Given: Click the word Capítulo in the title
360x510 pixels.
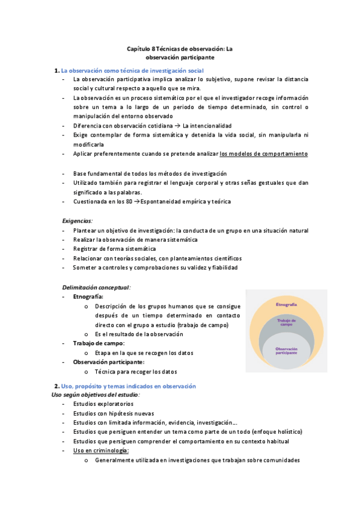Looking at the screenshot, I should coord(139,49).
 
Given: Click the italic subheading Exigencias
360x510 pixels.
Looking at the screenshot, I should coord(78,221).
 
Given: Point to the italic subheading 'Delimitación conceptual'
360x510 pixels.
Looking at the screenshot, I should coord(96,287).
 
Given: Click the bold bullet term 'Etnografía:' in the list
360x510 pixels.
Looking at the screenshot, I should coord(88,296).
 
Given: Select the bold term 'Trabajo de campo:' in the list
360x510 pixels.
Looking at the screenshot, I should coord(99,343).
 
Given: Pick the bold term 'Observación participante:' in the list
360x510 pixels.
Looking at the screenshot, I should coord(108,362).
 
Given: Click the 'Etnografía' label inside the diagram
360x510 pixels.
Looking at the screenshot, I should coord(286,305).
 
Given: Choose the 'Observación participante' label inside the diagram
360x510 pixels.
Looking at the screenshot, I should coord(286,350).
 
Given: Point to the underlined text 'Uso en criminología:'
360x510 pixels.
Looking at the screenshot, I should coord(101,450).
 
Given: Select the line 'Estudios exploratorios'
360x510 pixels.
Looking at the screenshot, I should coord(103,404).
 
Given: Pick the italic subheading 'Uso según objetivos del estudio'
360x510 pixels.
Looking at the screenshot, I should coord(95,395).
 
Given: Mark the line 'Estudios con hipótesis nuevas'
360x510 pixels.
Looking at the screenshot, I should coord(113,413).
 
